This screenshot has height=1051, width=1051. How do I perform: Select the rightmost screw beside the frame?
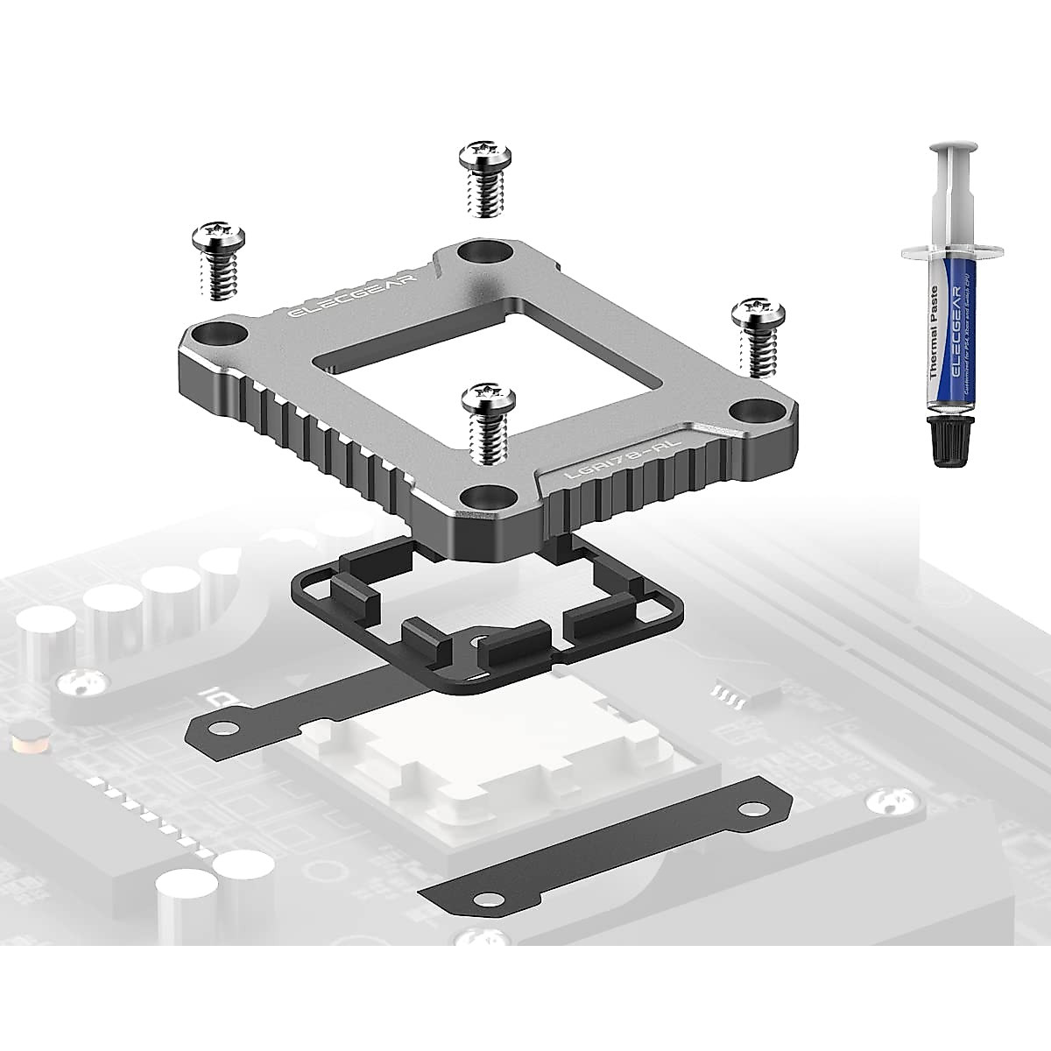point(758,335)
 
